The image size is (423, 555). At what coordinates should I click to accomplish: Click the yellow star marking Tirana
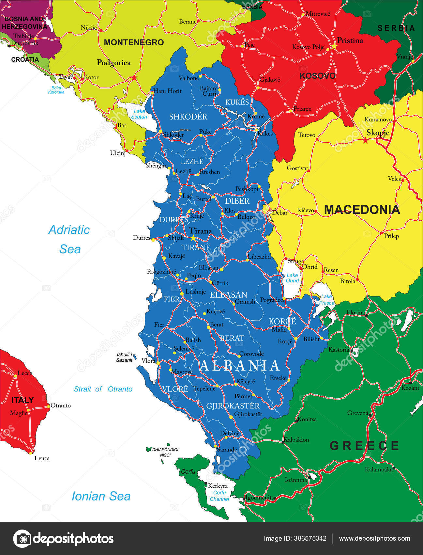click(x=193, y=237)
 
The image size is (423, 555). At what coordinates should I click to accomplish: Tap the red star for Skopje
click(x=366, y=141)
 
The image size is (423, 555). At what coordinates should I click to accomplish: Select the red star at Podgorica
click(x=134, y=78)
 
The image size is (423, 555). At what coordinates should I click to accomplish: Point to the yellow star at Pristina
click(x=334, y=46)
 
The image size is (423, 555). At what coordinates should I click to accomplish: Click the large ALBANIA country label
click(x=240, y=366)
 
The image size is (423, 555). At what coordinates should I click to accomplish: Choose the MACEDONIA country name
click(x=362, y=210)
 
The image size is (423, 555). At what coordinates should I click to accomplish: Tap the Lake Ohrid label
click(x=292, y=278)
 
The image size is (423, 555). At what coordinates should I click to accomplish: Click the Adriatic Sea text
click(x=69, y=239)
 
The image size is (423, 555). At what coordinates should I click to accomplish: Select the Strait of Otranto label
click(x=103, y=389)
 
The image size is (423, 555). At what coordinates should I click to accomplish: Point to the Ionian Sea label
click(x=101, y=496)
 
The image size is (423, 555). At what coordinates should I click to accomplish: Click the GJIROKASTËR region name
click(x=233, y=406)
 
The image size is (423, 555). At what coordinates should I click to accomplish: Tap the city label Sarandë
click(x=227, y=450)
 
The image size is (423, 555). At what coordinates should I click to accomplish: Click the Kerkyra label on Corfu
click(x=218, y=486)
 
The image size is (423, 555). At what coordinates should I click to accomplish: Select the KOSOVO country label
click(x=317, y=76)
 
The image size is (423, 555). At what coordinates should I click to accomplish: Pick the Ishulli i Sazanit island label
click(x=124, y=357)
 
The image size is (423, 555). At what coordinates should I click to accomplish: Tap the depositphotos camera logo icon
click(x=22, y=539)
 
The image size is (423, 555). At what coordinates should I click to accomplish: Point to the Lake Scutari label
click(x=139, y=114)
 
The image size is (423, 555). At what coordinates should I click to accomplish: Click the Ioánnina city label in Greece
click(x=296, y=480)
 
